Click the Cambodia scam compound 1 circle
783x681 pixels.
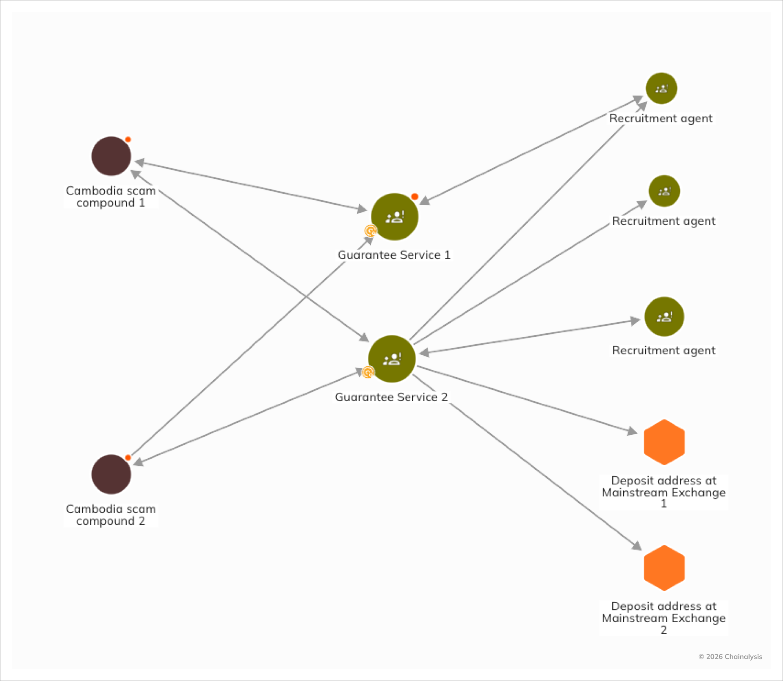tap(111, 156)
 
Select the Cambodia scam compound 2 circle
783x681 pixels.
tap(111, 474)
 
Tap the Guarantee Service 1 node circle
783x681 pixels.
tap(394, 217)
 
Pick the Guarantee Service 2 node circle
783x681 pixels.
tap(391, 359)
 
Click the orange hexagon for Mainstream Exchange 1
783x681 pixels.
tap(664, 442)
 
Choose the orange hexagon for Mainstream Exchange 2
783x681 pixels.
tap(664, 568)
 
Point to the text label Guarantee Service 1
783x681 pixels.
tap(394, 255)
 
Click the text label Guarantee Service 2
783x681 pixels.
tap(391, 397)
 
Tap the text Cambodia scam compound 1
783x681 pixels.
tap(111, 197)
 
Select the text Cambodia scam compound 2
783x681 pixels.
tap(111, 515)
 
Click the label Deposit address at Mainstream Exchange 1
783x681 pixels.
tap(664, 492)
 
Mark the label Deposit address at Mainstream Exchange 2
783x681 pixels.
tap(664, 618)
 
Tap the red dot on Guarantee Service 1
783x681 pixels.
tap(415, 197)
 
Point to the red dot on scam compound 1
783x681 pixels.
tap(128, 139)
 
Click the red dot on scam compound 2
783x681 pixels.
tap(128, 458)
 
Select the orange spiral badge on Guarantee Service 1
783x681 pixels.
tap(370, 231)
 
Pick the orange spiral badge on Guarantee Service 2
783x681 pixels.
tap(368, 372)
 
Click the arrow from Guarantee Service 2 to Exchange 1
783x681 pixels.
tap(526, 400)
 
